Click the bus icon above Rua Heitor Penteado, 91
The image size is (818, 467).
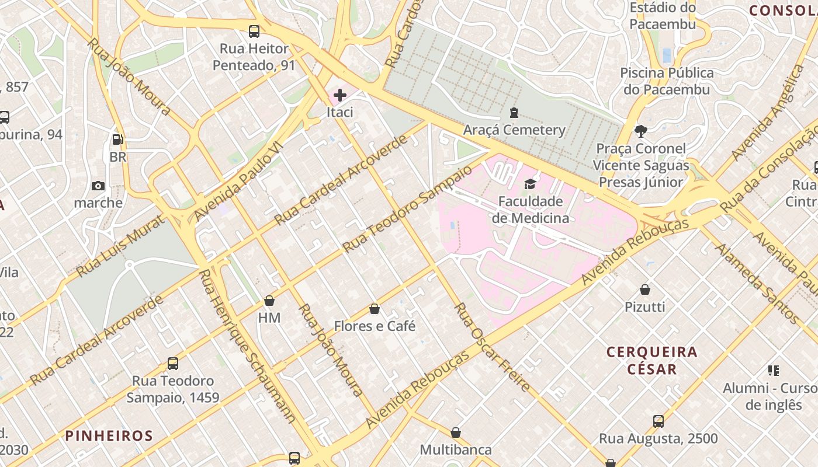(254, 32)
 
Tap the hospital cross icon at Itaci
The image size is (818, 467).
(339, 95)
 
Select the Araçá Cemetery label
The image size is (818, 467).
(514, 130)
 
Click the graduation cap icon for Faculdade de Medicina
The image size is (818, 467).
(530, 184)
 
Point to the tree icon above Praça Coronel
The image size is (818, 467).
(641, 131)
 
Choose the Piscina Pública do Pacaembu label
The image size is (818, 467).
(667, 81)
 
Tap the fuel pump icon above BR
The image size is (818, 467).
(117, 140)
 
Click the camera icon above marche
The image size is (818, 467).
(98, 186)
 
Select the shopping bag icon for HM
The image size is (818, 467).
(269, 301)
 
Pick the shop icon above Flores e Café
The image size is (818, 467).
(375, 309)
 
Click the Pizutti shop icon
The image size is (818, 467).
(645, 290)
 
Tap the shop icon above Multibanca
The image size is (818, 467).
(456, 433)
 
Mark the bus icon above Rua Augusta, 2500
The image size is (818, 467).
(658, 421)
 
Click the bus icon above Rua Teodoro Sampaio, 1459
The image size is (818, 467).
(173, 363)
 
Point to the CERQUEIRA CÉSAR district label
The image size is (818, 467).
(652, 360)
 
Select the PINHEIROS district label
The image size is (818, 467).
(109, 435)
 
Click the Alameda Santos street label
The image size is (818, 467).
(758, 284)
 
